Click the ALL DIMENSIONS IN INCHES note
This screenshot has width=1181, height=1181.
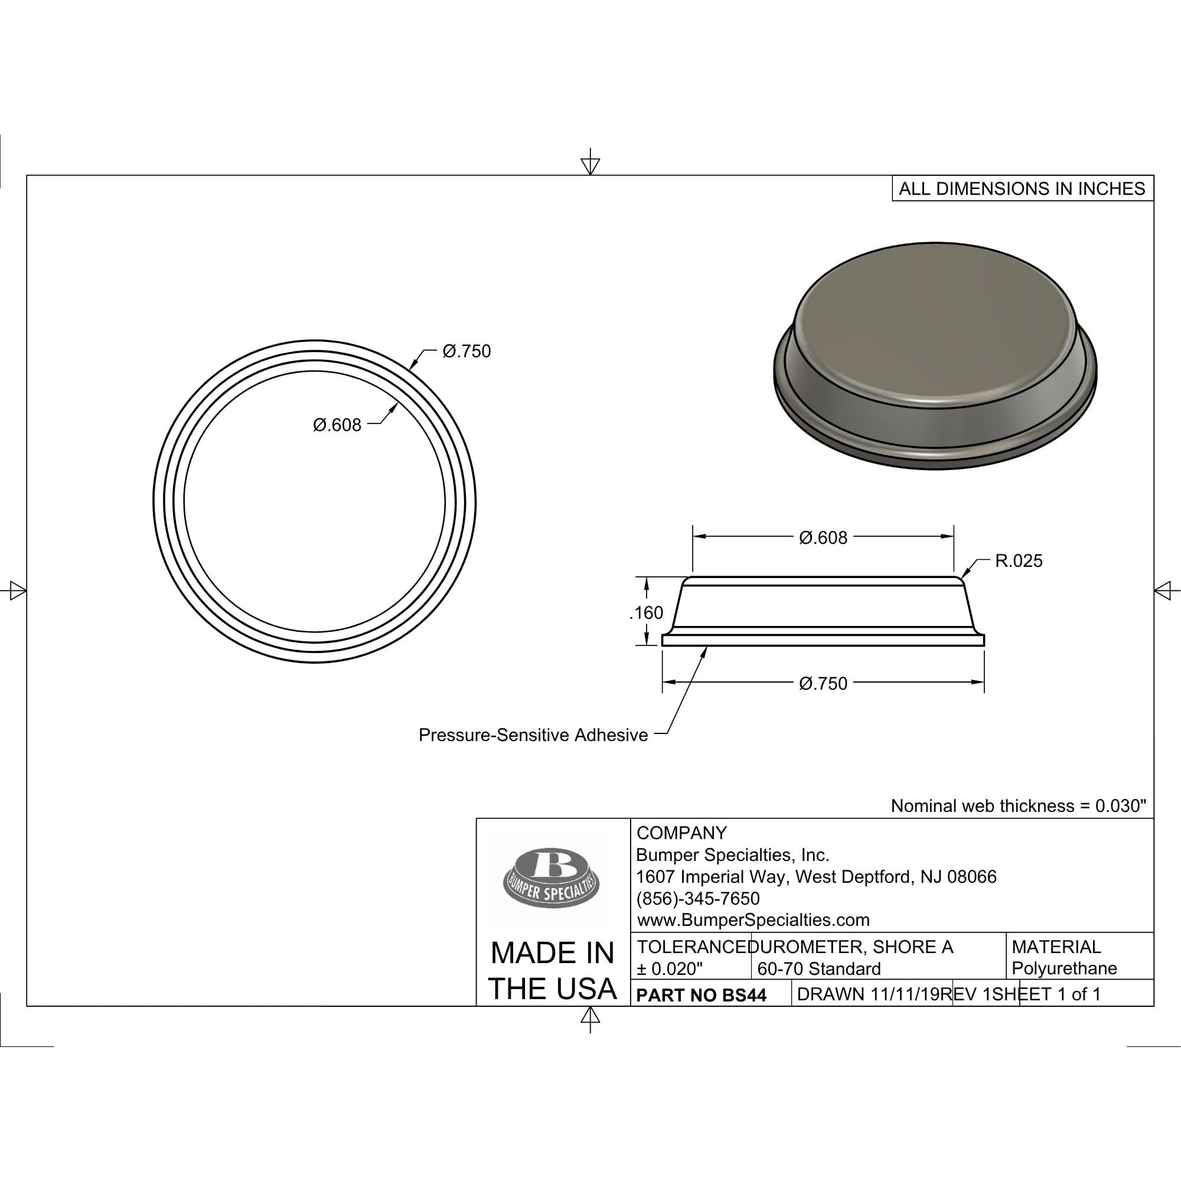coord(1022,188)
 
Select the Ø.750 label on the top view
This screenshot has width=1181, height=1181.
coord(466,351)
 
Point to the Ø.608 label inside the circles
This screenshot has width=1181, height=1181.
coord(337,425)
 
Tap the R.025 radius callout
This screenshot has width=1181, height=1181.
coord(1019,560)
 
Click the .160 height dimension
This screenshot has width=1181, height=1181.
coord(646,612)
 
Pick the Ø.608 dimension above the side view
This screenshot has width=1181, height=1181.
coord(823,538)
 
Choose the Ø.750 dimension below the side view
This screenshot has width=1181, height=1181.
coord(823,683)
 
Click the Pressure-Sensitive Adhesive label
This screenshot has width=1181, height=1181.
coord(533,735)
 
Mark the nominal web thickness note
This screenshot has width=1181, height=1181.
coord(1019,805)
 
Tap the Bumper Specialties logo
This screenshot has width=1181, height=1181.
coord(551,878)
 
